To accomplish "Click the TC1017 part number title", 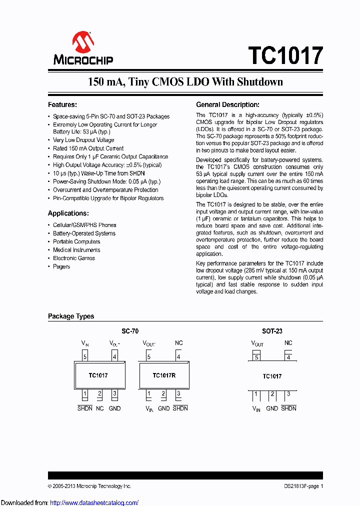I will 285,55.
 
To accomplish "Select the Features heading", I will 62,105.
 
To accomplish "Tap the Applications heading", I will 68,213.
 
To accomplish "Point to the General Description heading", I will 227,105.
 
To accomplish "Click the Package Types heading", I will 71,316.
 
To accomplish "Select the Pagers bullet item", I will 61,266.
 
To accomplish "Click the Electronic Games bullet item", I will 74,258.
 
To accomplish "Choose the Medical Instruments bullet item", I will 76,250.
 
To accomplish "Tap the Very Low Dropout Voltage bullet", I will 83,140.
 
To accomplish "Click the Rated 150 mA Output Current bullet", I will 88,148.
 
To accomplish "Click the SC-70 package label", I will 130,331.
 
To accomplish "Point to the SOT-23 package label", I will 272,331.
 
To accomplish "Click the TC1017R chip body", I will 164,375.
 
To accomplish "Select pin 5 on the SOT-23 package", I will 256,357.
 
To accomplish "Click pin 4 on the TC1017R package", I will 178,357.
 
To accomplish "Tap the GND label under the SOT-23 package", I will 272,408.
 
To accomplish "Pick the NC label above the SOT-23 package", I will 288,343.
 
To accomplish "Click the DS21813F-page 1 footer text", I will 300,486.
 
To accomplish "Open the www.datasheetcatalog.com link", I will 94,502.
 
